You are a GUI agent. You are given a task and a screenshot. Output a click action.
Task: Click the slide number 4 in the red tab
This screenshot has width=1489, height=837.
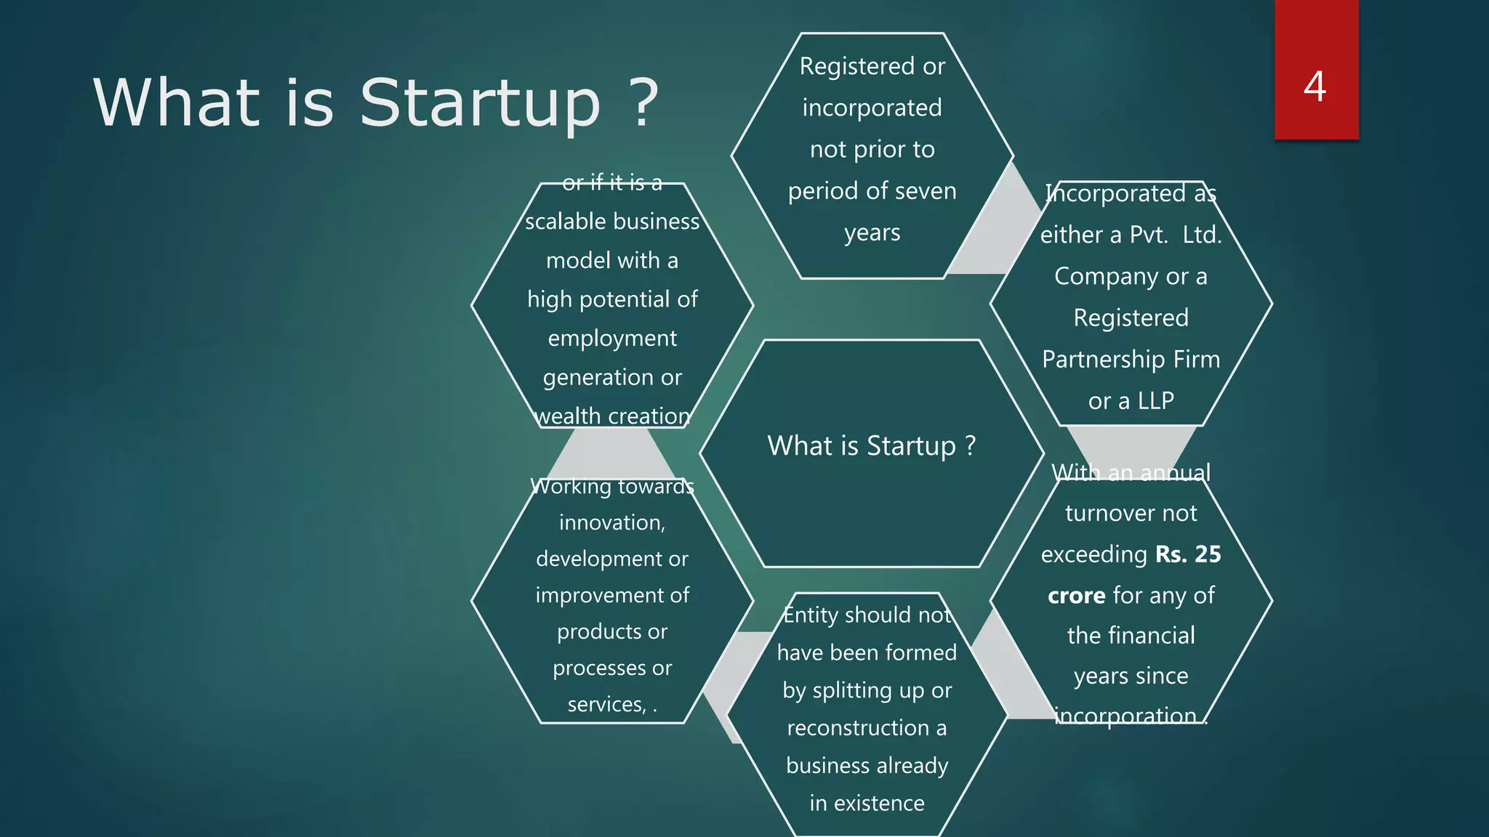[1315, 87]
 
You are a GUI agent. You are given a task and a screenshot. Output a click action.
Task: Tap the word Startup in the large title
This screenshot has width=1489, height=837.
[480, 104]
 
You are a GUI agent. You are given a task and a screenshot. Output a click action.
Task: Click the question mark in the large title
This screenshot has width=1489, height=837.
[643, 104]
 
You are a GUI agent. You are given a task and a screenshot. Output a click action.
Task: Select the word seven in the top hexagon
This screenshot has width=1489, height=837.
[924, 191]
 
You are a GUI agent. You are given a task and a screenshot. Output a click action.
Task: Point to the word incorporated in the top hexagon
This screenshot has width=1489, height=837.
[872, 108]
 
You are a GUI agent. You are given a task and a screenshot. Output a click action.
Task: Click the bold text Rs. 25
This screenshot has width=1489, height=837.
[1188, 554]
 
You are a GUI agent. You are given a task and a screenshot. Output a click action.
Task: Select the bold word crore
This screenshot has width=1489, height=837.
[1077, 596]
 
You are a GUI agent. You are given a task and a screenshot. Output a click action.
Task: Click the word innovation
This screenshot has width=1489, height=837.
[611, 523]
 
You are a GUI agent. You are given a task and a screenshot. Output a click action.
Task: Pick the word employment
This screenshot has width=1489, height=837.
[612, 339]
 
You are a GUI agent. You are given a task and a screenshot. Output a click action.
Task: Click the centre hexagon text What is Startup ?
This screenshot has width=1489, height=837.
[871, 446]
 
